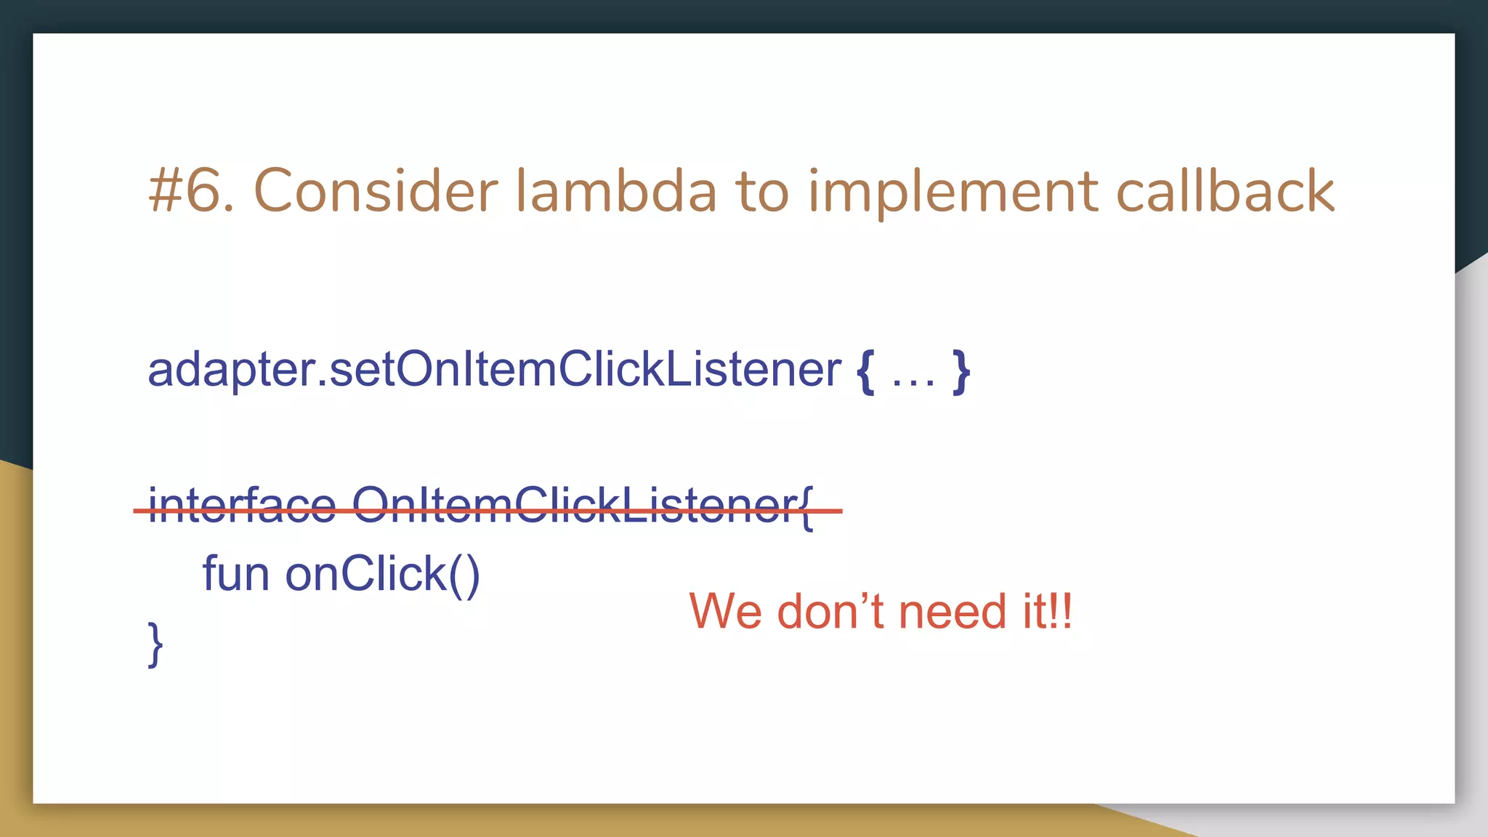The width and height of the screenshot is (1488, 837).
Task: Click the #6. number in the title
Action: coord(191,191)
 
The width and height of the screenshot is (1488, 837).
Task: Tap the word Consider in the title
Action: coord(375,191)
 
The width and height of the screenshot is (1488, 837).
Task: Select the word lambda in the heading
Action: coord(616,191)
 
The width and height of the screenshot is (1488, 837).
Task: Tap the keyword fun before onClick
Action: coord(235,573)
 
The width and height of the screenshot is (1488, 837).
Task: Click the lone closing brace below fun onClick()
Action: coord(155,643)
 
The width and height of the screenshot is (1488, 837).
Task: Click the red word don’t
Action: coord(830,611)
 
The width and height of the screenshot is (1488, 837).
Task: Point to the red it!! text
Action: coord(1047,611)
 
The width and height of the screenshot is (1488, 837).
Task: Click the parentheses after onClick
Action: coord(464,575)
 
